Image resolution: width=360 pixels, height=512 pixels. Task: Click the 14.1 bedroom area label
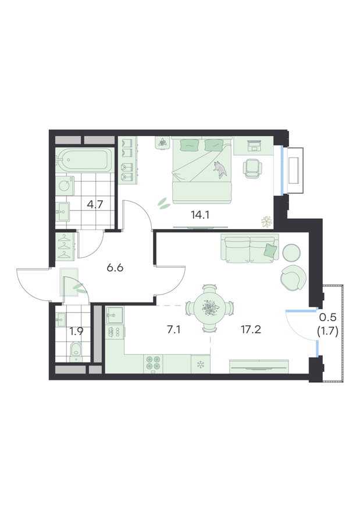tap(199, 215)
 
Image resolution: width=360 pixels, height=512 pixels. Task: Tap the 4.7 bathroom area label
tap(95, 204)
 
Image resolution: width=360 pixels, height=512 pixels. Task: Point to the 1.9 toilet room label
tap(76, 332)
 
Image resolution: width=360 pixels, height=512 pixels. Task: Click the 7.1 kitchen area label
tap(174, 330)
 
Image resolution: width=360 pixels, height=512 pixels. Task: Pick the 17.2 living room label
tap(251, 330)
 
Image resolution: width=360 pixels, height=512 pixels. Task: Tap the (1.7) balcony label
tap(327, 332)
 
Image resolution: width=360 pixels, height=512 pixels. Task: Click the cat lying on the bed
tap(220, 169)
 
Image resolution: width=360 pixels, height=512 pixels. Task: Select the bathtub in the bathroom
tap(84, 161)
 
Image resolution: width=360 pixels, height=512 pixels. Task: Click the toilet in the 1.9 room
tap(76, 351)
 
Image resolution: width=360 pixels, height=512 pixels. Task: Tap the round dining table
tap(210, 308)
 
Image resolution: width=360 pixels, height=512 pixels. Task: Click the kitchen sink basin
tap(114, 315)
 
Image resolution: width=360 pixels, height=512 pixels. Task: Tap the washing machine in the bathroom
tap(65, 186)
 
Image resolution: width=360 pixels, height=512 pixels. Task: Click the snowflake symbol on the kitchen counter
tap(199, 365)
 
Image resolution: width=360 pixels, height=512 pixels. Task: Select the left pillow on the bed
tap(189, 145)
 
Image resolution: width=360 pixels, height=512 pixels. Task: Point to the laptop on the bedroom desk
tap(254, 145)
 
